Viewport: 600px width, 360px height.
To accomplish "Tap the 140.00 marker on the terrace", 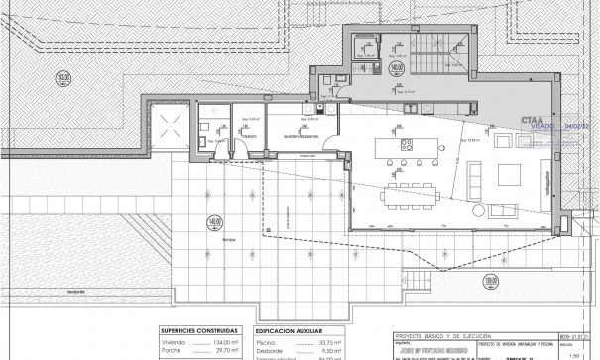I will [213, 222].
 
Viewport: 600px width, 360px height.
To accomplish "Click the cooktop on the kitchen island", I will [405, 144].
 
